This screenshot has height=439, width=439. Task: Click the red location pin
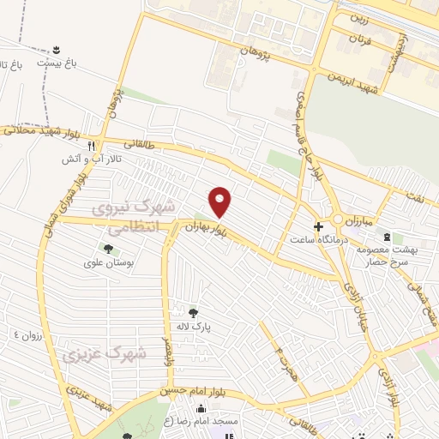(220, 202)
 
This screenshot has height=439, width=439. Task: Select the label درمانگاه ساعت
(318, 241)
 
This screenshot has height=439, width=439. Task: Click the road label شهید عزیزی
(92, 399)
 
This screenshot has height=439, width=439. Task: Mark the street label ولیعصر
(167, 351)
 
